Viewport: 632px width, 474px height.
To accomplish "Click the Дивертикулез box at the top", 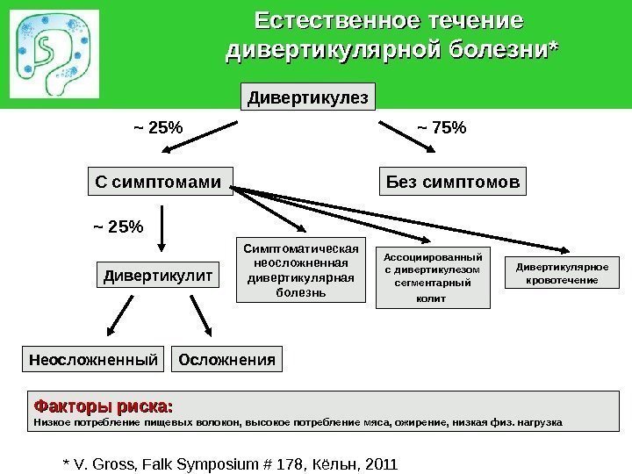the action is [x=307, y=97].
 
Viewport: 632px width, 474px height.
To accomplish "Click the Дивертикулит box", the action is [x=159, y=276].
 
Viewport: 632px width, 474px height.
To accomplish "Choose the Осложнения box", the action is [x=227, y=359].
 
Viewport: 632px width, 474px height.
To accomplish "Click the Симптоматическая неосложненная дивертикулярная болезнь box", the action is [x=301, y=269].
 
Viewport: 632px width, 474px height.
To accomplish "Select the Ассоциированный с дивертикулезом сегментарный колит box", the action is [x=433, y=277].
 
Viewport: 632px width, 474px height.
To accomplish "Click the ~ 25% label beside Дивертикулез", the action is [x=158, y=128].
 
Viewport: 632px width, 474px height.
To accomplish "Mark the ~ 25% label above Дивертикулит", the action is [x=117, y=227].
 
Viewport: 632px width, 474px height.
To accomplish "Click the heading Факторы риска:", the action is [x=103, y=406].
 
